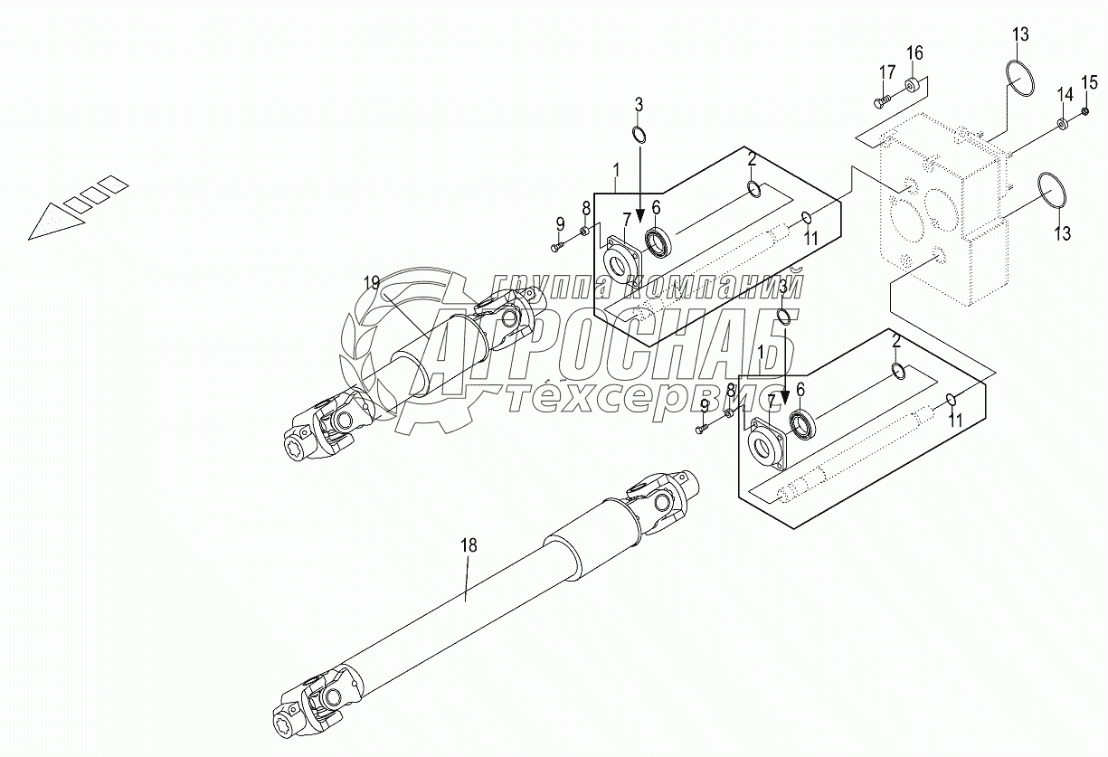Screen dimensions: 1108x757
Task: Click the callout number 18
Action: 468,545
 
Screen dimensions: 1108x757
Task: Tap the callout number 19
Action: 372,283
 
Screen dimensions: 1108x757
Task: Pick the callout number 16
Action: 914,52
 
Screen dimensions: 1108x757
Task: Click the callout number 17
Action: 887,71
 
